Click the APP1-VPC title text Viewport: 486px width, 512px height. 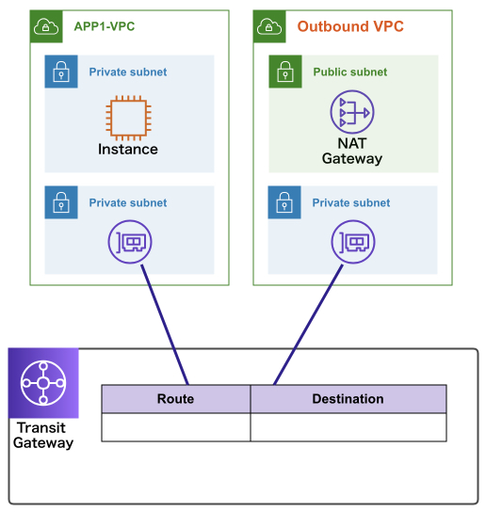tap(105, 26)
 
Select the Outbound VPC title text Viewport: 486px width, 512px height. tap(350, 26)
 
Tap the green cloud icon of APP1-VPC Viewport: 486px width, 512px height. tap(46, 26)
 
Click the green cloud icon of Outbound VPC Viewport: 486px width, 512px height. tap(269, 26)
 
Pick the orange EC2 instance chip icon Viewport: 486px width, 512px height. tap(128, 118)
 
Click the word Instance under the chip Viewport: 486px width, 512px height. tap(128, 150)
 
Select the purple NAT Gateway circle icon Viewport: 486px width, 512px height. tap(352, 112)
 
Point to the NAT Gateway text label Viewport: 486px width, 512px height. tap(352, 151)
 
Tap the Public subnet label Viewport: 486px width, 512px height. tap(350, 72)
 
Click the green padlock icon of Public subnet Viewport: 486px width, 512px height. tap(285, 72)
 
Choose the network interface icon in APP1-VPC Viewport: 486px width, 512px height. tap(130, 242)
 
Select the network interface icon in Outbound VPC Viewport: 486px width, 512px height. tap(353, 242)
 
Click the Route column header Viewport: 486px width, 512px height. tap(176, 399)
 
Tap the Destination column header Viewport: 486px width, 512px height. tap(348, 399)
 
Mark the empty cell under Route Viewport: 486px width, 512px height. tap(176, 427)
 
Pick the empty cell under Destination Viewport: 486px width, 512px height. tap(348, 427)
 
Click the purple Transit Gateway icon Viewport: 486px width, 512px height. tap(43, 383)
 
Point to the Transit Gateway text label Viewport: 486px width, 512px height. tap(43, 435)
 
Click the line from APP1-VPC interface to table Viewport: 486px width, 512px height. tap(165, 325)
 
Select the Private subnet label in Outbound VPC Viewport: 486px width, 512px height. tap(351, 202)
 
